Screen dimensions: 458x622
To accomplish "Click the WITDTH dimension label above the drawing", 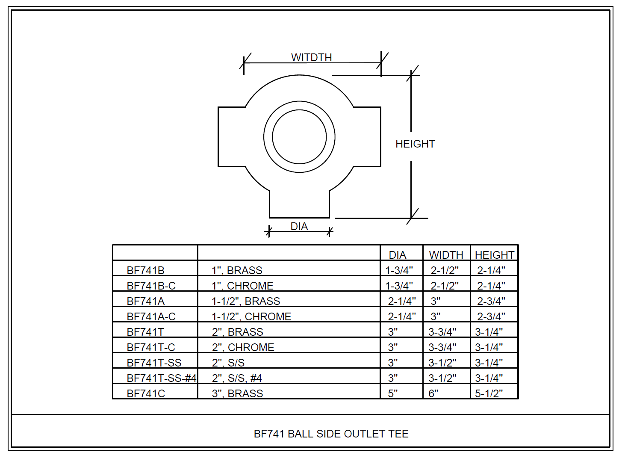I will click(x=311, y=57).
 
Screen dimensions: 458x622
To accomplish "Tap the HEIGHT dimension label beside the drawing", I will click(x=415, y=144).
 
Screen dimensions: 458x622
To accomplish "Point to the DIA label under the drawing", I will click(x=299, y=226).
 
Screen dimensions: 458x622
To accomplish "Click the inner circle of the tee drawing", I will click(x=299, y=137).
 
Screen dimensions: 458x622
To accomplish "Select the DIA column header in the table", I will click(x=397, y=255).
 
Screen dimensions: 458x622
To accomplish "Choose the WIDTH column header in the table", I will click(x=446, y=255).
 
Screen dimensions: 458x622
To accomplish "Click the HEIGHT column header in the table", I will click(x=494, y=255).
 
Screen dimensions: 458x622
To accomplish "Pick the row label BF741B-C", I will click(x=151, y=286).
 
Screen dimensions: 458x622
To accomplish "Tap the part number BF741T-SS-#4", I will click(x=161, y=378).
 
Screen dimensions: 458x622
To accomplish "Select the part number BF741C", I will click(x=146, y=393).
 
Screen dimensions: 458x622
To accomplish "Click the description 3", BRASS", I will click(x=237, y=393).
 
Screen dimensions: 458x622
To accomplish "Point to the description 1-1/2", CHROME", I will click(x=251, y=316).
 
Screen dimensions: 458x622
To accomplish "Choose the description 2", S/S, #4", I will click(x=237, y=378).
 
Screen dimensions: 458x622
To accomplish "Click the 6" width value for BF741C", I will click(x=433, y=393).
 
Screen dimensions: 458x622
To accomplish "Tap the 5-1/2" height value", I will click(x=489, y=393).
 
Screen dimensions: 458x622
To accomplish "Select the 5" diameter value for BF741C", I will click(x=392, y=393).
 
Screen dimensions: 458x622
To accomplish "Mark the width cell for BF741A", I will click(x=435, y=301).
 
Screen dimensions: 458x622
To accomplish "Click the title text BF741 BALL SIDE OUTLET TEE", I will click(x=331, y=434).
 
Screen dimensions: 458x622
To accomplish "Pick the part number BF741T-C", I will click(x=151, y=347).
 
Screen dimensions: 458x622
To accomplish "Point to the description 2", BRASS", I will click(x=237, y=332).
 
